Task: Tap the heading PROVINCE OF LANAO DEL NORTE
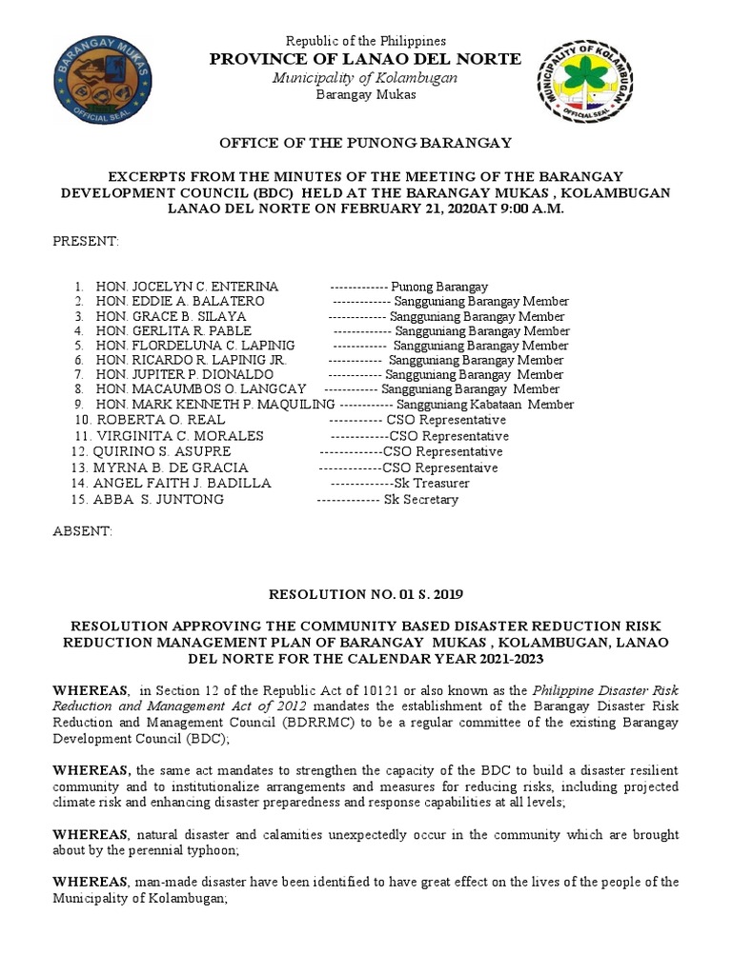click(x=366, y=59)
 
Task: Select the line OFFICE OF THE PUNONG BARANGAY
click(x=366, y=143)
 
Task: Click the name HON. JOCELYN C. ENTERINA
click(x=187, y=287)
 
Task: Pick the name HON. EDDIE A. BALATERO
click(x=180, y=302)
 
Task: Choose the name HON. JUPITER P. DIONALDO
click(x=185, y=375)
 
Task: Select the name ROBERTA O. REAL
click(x=159, y=420)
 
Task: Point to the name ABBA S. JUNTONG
click(x=158, y=499)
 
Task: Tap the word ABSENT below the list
click(x=82, y=530)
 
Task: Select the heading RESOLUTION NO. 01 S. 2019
click(x=366, y=594)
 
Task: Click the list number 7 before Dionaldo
click(x=78, y=375)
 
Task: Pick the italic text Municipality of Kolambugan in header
click(x=366, y=77)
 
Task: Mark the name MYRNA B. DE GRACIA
click(x=171, y=468)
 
